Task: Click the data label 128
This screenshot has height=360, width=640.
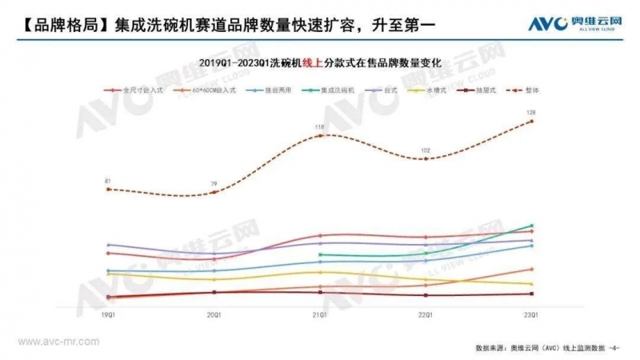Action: click(x=531, y=113)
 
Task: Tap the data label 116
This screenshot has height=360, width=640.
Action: click(x=320, y=127)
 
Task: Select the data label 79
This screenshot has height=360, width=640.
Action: click(x=214, y=184)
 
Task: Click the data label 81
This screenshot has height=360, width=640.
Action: click(x=108, y=181)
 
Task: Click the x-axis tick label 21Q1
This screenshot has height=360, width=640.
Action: click(x=320, y=315)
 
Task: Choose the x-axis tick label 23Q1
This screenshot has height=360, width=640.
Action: click(x=531, y=315)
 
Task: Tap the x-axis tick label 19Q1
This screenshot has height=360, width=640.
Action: click(x=108, y=315)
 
